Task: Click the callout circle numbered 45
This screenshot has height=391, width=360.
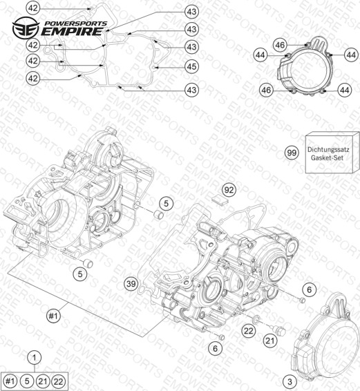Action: point(191,66)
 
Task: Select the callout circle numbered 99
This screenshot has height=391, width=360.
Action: point(292,153)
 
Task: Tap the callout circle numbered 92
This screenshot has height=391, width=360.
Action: point(229,190)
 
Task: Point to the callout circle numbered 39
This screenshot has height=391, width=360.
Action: point(131,283)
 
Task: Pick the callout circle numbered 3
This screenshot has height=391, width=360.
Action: point(290,381)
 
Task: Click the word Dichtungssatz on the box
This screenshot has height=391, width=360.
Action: point(328,150)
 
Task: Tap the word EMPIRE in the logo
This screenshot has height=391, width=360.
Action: point(72,32)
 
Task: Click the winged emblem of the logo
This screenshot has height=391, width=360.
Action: point(26,28)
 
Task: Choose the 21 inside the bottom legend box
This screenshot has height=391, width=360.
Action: point(43,381)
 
